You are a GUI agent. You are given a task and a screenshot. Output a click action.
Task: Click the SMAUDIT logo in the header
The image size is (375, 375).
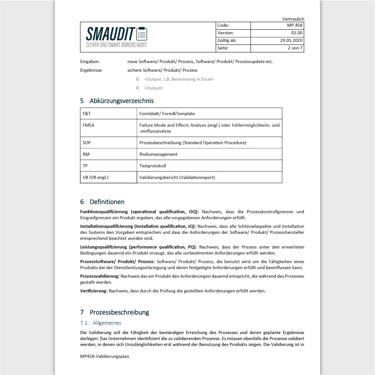click(116, 37)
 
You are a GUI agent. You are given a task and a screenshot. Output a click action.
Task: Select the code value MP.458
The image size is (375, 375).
click(295, 26)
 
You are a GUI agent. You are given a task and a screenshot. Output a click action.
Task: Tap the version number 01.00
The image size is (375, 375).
click(297, 33)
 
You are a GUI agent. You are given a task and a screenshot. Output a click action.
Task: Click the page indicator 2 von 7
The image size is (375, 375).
click(295, 48)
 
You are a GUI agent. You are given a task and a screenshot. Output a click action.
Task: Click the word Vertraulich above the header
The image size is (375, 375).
click(293, 19)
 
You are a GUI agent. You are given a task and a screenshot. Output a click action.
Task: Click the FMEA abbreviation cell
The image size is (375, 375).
click(89, 125)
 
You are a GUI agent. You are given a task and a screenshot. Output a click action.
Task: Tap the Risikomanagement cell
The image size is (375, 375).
click(158, 154)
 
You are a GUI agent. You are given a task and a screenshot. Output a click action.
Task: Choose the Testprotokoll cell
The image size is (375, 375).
click(152, 166)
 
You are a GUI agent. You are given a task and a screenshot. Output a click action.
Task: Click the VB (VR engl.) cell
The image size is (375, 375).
click(95, 177)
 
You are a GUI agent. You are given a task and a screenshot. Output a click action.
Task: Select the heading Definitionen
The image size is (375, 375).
click(107, 202)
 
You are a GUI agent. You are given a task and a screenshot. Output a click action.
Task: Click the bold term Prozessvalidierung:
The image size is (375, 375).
click(100, 277)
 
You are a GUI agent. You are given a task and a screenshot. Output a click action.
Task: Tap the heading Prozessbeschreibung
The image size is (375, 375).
click(119, 312)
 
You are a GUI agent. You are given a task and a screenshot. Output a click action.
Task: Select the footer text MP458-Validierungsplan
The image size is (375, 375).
click(105, 356)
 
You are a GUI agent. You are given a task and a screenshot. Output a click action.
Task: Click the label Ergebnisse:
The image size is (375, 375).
click(91, 70)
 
